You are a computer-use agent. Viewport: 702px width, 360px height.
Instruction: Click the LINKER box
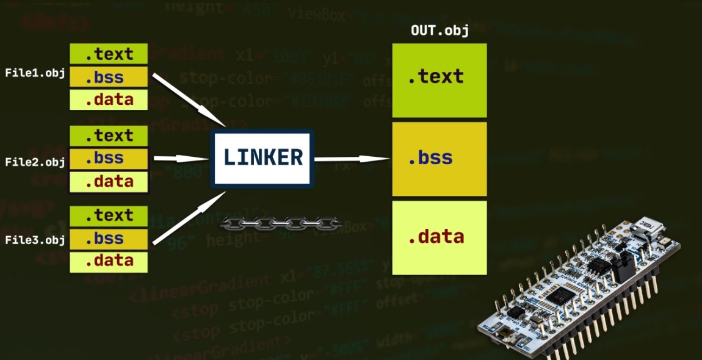[x=262, y=157]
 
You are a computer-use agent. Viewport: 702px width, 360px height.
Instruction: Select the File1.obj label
[x=35, y=73]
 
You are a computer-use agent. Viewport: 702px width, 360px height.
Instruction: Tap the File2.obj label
[x=35, y=162]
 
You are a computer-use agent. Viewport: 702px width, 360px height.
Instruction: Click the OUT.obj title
[x=440, y=31]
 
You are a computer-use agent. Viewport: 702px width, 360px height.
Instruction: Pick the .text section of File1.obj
[x=109, y=54]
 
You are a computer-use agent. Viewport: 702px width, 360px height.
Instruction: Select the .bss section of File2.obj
[x=109, y=159]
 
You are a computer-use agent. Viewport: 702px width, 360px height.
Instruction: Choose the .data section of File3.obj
[x=109, y=261]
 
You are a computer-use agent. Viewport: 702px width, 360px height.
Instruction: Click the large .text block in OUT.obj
[x=439, y=78]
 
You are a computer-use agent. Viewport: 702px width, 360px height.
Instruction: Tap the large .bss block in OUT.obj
[x=439, y=159]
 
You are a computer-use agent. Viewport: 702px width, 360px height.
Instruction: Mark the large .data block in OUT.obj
[x=439, y=237]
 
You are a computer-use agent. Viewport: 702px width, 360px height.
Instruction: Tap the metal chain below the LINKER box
[x=280, y=223]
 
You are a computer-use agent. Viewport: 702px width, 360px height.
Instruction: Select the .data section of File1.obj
[x=109, y=99]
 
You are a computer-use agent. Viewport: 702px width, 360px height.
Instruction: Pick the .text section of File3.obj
[x=109, y=215]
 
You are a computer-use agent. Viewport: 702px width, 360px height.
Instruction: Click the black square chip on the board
[x=557, y=297]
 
